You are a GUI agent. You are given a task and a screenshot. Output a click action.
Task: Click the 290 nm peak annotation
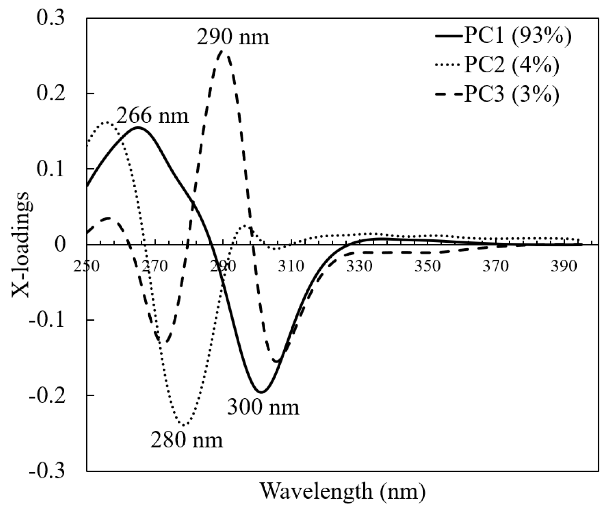(233, 37)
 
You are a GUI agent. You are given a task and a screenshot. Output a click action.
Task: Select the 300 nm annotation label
(263, 408)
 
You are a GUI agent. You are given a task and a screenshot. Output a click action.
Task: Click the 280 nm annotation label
(186, 440)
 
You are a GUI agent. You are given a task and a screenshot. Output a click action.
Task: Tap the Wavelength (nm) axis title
(343, 491)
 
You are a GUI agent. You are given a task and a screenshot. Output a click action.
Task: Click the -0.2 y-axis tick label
(47, 395)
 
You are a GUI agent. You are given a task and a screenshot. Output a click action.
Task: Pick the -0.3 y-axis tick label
(47, 471)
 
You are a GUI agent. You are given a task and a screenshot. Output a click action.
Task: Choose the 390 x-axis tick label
(564, 267)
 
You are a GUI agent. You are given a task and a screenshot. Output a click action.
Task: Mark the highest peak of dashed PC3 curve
(222, 52)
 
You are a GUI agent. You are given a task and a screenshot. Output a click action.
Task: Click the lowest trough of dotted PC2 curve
(183, 425)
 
